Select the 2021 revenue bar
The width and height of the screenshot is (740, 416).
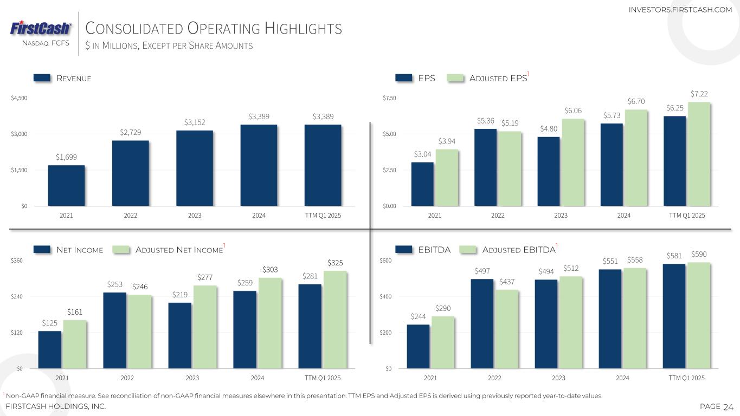[66, 185]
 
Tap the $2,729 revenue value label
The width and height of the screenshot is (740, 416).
[130, 133]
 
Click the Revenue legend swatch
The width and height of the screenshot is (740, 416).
[42, 79]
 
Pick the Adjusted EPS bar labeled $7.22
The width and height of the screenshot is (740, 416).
[698, 154]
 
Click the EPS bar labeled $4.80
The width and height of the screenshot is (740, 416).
[549, 171]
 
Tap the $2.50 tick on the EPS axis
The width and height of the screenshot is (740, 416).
[390, 170]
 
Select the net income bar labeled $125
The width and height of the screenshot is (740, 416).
[50, 349]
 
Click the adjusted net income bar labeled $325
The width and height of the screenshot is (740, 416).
[335, 320]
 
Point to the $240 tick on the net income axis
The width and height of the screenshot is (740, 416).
[18, 297]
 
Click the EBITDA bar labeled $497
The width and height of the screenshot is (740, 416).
[482, 323]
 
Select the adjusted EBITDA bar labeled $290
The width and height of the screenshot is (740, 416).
[443, 342]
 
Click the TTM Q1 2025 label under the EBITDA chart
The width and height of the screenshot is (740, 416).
[687, 378]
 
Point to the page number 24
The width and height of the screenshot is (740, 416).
[728, 407]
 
